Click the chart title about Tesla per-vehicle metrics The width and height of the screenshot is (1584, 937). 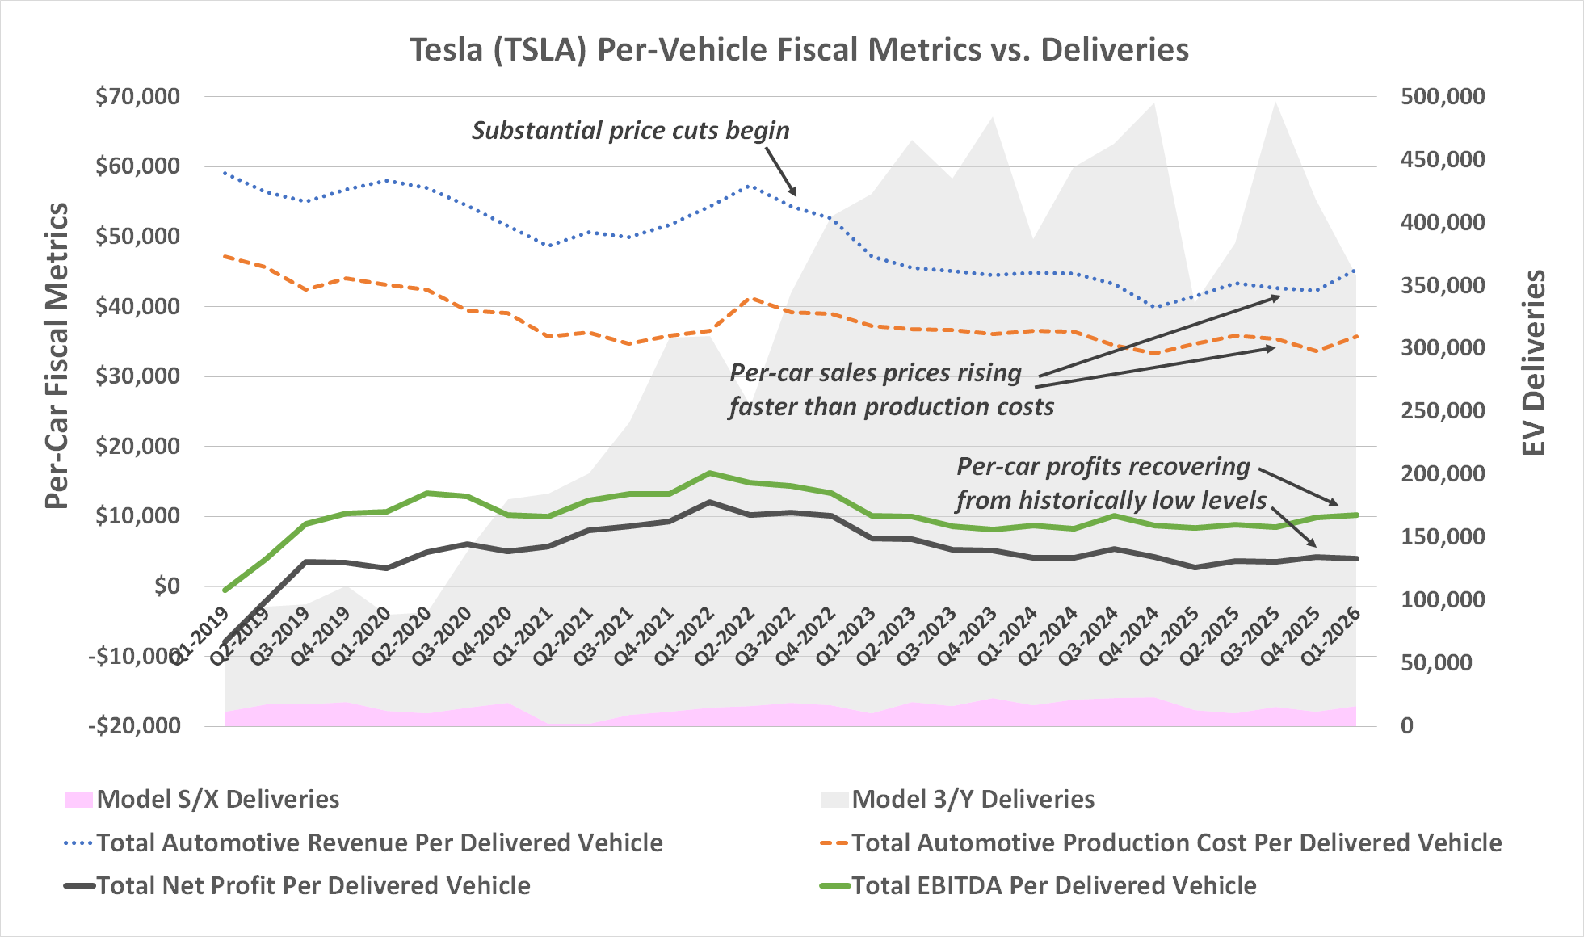point(799,50)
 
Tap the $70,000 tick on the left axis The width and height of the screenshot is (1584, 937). point(137,97)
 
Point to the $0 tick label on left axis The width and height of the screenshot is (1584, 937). point(167,586)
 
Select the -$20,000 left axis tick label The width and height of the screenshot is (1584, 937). point(135,725)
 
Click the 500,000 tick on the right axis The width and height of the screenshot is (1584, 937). point(1443,97)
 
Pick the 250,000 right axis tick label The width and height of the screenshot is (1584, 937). point(1443,411)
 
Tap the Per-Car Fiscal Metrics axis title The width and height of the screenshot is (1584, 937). point(57,355)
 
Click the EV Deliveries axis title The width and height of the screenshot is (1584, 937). point(1532,363)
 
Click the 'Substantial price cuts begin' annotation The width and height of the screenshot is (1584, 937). point(630,131)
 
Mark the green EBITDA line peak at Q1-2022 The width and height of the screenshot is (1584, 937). point(709,473)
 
